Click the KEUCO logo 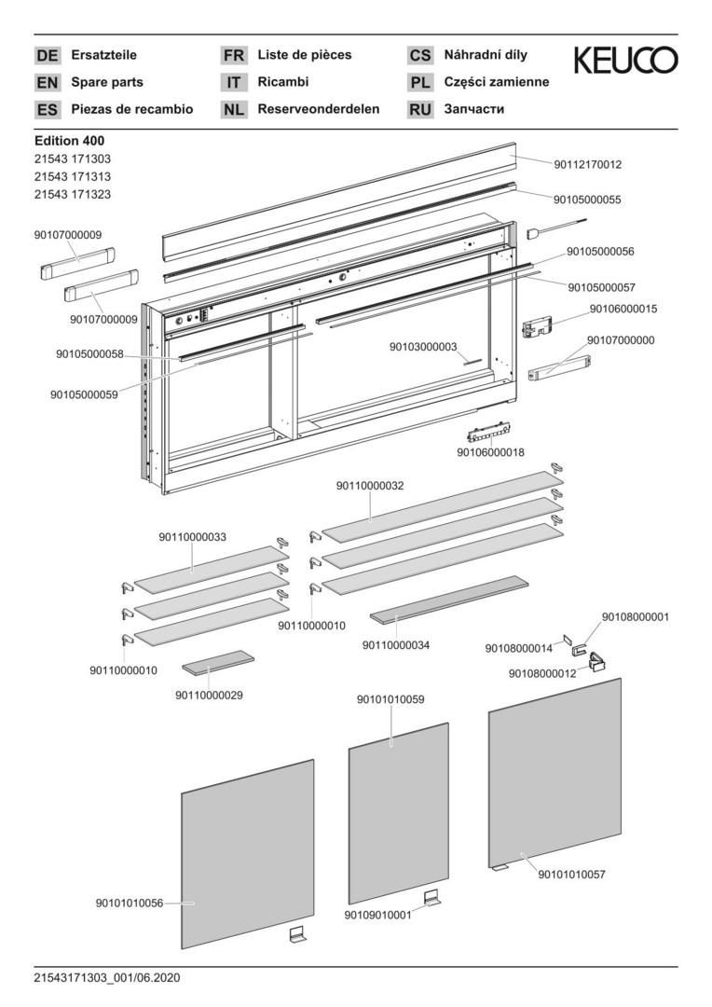click(x=625, y=61)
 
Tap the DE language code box click(x=47, y=55)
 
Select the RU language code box click(x=420, y=109)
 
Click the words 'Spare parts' click(x=105, y=82)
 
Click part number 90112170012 click(x=587, y=164)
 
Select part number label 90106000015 click(x=623, y=309)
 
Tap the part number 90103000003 click(x=423, y=347)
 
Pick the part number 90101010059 click(x=390, y=698)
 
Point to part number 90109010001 click(x=377, y=916)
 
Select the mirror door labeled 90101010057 click(x=555, y=774)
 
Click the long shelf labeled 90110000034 click(x=449, y=603)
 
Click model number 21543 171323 click(x=72, y=194)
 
